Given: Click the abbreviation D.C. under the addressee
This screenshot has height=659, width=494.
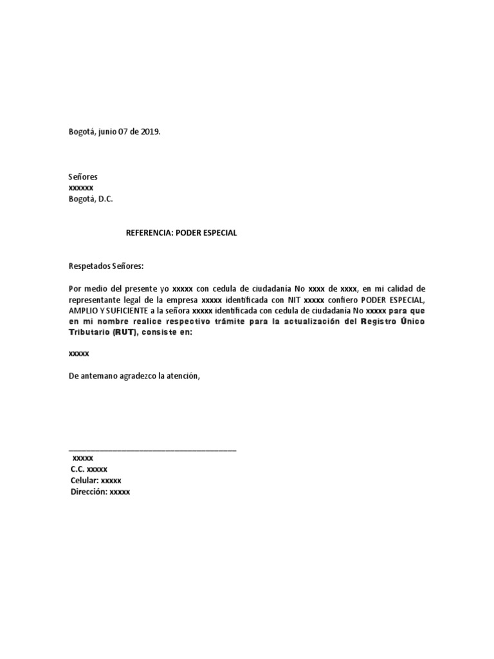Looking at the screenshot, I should coord(104,199).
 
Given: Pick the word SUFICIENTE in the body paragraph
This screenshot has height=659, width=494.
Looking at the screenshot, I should coord(120,311).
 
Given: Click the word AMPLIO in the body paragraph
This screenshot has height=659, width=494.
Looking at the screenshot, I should coord(82,311).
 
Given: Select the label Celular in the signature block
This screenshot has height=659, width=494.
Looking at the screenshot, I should coord(84,481).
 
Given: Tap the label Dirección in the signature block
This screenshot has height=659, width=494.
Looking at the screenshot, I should coord(88,492).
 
